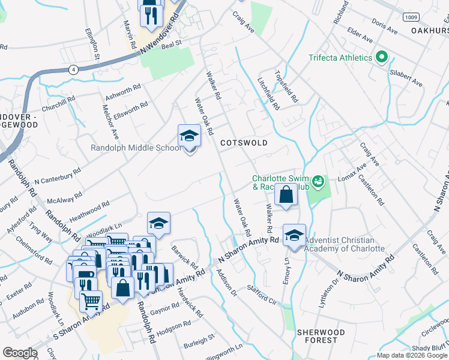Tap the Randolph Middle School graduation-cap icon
[x=189, y=136]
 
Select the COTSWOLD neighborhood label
[x=243, y=143]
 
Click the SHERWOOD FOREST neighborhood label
[x=321, y=336]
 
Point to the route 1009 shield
[x=411, y=17]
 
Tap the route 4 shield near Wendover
[x=73, y=69]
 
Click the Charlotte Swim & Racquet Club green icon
[x=318, y=180]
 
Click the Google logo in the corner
[x=20, y=353]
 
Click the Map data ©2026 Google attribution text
[x=411, y=355]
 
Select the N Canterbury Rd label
[x=57, y=176]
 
